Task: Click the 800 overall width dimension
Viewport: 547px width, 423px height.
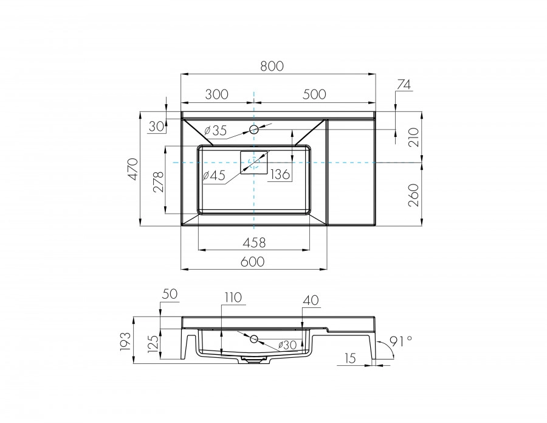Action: (273, 66)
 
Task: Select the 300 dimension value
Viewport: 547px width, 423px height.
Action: (216, 94)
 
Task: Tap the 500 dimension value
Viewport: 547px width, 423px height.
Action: (314, 94)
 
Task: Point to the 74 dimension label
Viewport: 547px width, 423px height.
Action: (404, 85)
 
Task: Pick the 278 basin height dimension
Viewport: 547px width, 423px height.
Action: (157, 181)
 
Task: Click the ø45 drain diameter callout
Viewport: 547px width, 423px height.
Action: (213, 175)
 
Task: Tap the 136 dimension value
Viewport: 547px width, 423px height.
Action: (280, 175)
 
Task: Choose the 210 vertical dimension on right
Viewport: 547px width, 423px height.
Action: (413, 138)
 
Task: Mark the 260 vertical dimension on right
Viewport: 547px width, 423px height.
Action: (413, 195)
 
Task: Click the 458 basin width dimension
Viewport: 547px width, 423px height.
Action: (253, 242)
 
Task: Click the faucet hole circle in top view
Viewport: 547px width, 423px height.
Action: (254, 130)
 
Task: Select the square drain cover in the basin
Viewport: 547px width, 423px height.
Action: (254, 162)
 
